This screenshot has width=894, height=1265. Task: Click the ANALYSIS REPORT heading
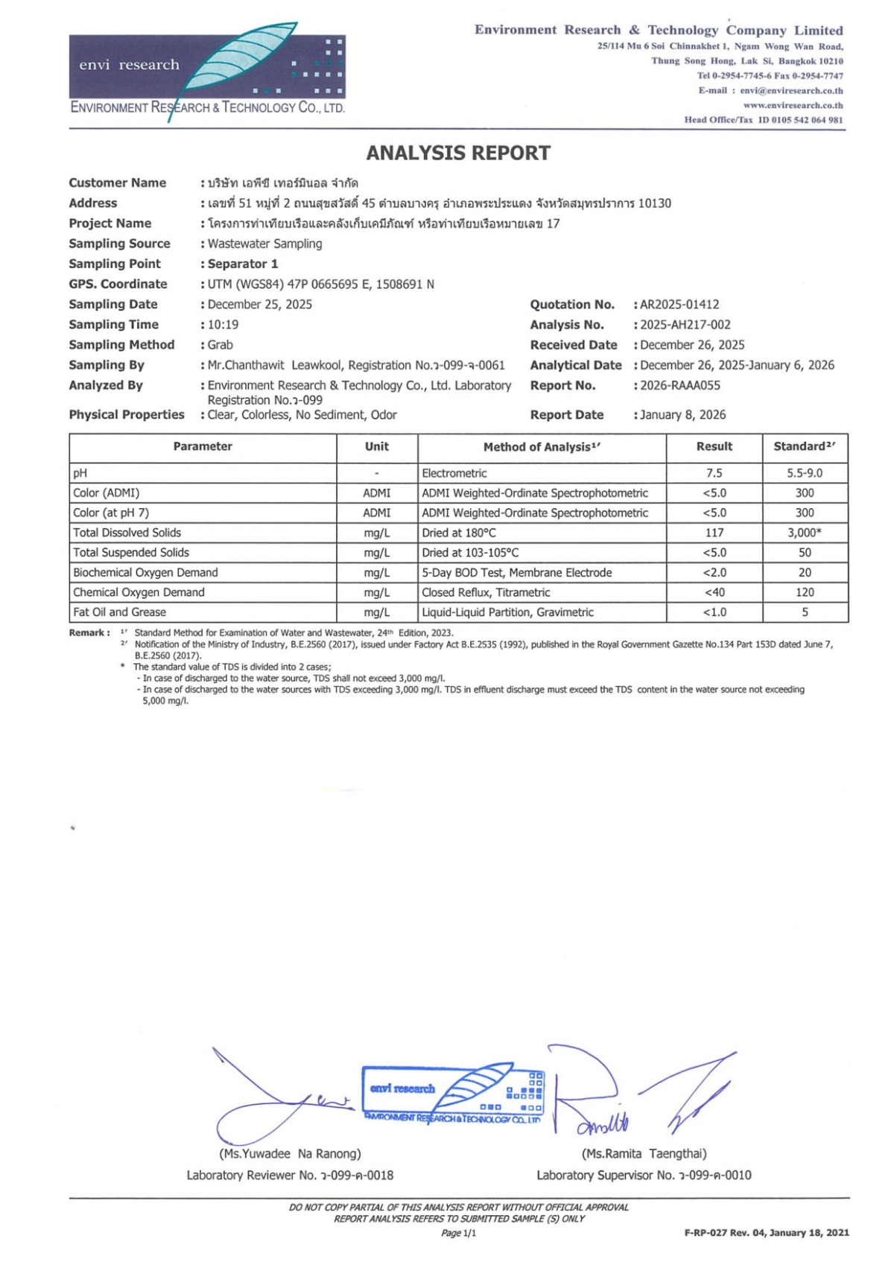[x=458, y=153]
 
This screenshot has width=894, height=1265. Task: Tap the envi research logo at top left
[x=207, y=72]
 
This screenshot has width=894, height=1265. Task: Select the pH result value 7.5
[x=714, y=473]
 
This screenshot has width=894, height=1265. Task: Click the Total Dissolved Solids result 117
[x=714, y=533]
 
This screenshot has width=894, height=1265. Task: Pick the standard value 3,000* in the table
[x=805, y=533]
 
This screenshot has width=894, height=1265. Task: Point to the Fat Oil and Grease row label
[x=119, y=612]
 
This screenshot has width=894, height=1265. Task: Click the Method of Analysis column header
[x=542, y=447]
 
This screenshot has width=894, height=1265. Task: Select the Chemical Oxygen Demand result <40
[x=714, y=592]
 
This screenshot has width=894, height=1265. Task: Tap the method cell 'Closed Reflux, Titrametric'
[x=486, y=592]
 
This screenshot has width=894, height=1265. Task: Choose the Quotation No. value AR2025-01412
[x=679, y=305]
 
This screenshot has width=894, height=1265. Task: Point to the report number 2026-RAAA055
[x=680, y=385]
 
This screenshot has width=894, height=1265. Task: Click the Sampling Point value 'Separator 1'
[x=243, y=264]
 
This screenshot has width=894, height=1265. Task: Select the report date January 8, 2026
[x=682, y=415]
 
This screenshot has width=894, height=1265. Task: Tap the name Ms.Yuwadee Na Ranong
[x=290, y=1153]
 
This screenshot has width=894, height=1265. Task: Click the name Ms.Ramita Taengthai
[x=644, y=1153]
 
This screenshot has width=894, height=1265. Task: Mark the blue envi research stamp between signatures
[x=453, y=1094]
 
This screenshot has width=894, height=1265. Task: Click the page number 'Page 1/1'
[x=458, y=1233]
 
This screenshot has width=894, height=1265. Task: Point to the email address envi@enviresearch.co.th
[x=791, y=90]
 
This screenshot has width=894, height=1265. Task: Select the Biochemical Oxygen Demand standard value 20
[x=805, y=572]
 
